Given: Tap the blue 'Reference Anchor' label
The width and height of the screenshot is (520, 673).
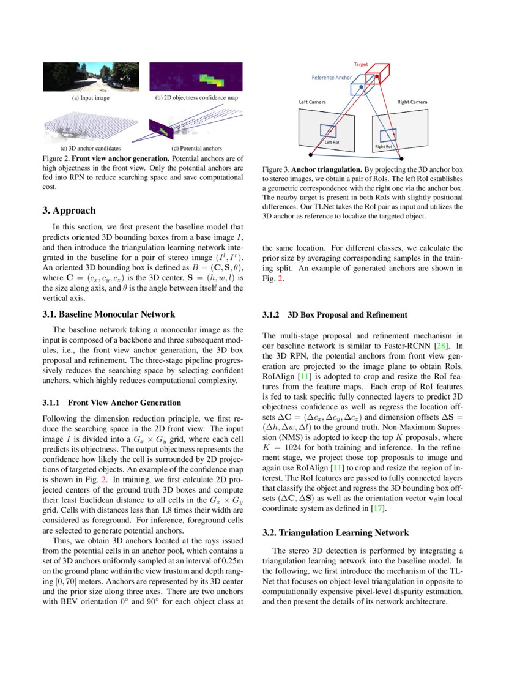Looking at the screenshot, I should tap(332, 78).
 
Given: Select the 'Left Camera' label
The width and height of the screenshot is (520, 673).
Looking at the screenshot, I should tap(312, 102).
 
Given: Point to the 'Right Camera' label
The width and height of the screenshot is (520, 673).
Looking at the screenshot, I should tap(412, 102).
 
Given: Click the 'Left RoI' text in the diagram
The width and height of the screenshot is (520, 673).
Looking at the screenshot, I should tap(332, 142).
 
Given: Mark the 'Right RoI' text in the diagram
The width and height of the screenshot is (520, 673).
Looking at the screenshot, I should tap(384, 147).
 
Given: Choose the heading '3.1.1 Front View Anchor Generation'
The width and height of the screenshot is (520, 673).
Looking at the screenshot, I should tap(111, 403).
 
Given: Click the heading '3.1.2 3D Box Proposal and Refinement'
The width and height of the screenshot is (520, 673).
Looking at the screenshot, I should tap(335, 315).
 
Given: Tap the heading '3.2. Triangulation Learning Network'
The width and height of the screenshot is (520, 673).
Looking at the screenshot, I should tap(336, 533).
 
